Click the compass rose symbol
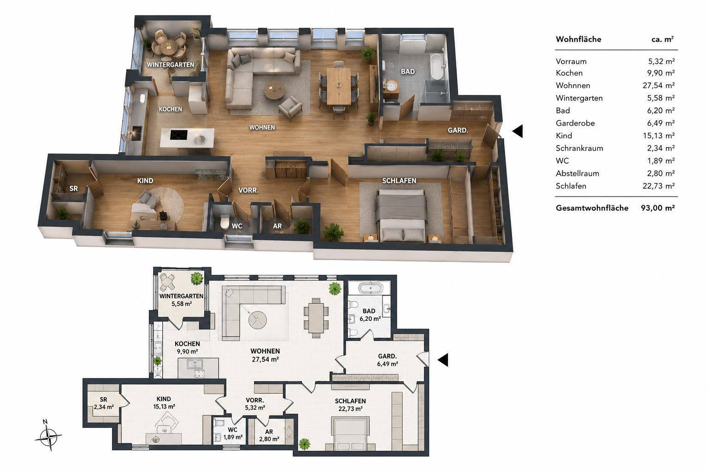coord(48,437)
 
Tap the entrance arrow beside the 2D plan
coord(443,360)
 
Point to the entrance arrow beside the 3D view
coord(518,131)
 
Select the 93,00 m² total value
coord(658,208)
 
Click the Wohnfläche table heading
coord(578,39)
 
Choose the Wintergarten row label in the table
coord(579,98)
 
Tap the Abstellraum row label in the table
coord(578,173)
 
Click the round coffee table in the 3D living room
coord(274,90)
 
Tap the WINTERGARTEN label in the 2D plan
coord(181,296)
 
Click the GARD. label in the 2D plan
coord(387,356)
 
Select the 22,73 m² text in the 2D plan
coord(350,409)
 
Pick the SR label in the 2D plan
coord(103,400)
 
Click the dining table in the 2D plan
coord(316,318)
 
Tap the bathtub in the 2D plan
coord(371,288)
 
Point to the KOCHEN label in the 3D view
coord(171,109)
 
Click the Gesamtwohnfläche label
coord(592,208)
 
